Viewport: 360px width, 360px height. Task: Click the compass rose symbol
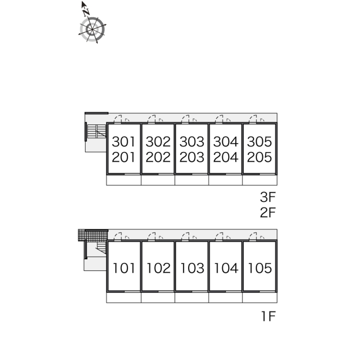pyautogui.click(x=92, y=29)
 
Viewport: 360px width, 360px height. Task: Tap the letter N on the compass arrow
pyautogui.click(x=86, y=13)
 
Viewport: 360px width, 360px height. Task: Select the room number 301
pyautogui.click(x=123, y=141)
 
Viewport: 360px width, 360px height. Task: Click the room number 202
pyautogui.click(x=158, y=157)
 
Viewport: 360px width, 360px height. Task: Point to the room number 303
pyautogui.click(x=192, y=141)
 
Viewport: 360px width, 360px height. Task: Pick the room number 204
pyautogui.click(x=225, y=157)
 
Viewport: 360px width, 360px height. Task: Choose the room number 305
pyautogui.click(x=259, y=141)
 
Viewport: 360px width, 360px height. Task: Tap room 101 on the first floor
pyautogui.click(x=124, y=268)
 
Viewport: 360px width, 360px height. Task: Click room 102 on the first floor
pyautogui.click(x=158, y=268)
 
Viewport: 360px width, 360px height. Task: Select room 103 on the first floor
pyautogui.click(x=192, y=268)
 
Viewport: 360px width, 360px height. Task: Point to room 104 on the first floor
pyautogui.click(x=226, y=268)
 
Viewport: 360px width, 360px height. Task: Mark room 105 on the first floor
pyautogui.click(x=260, y=268)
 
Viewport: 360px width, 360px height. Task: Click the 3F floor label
pyautogui.click(x=267, y=197)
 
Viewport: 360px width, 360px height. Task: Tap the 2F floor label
pyautogui.click(x=267, y=213)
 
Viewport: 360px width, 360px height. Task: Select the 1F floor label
pyautogui.click(x=268, y=316)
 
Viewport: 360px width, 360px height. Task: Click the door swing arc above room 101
pyautogui.click(x=118, y=236)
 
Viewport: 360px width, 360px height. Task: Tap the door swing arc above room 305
pyautogui.click(x=253, y=118)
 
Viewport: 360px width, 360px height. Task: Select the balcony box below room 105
pyautogui.click(x=260, y=298)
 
